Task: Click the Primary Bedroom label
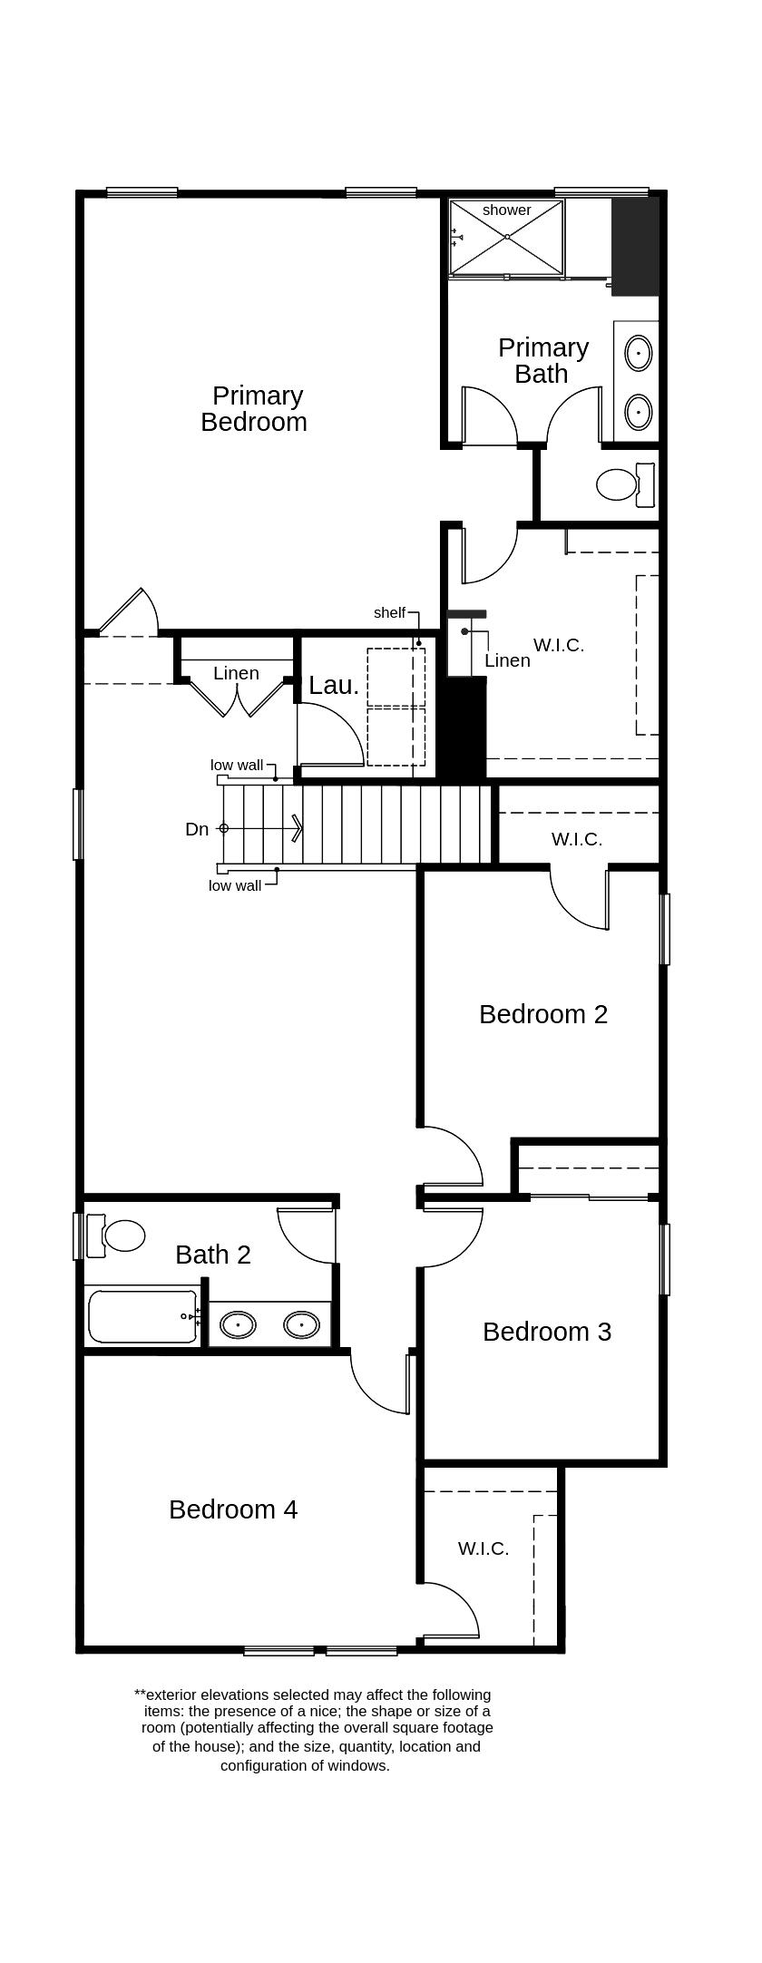254,409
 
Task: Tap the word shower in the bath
506,210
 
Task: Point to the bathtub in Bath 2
142,1316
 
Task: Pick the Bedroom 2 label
542,1014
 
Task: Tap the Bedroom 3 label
546,1332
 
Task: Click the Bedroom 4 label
233,1509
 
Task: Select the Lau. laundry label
333,686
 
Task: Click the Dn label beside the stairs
197,829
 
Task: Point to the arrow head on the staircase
298,828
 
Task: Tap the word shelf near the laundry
389,613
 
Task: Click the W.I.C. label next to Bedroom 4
484,1548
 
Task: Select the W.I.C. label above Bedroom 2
577,839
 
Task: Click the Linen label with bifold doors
236,673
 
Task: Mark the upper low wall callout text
237,765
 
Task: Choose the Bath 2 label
213,1255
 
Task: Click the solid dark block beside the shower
634,247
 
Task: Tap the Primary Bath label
542,360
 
